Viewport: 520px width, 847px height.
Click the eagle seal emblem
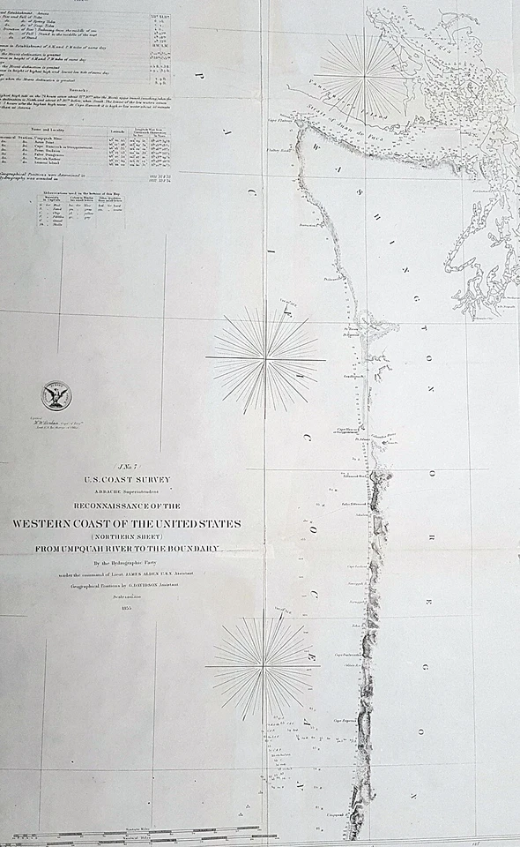coord(56,396)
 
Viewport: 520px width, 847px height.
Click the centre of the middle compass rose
coord(265,358)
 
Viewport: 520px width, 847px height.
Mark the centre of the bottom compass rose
coord(264,665)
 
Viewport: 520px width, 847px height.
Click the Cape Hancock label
coord(347,430)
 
